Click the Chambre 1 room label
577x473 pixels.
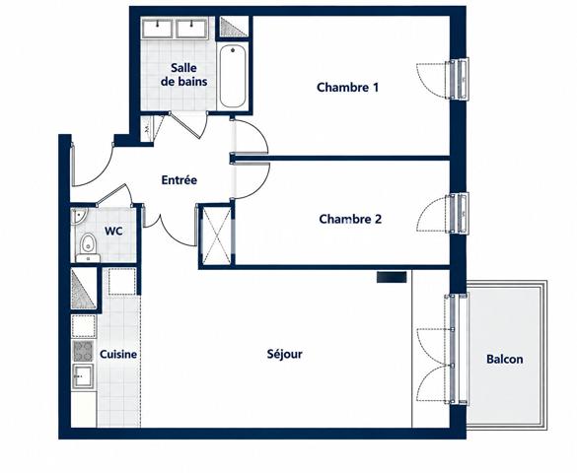pyautogui.click(x=347, y=88)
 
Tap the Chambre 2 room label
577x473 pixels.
pyautogui.click(x=350, y=219)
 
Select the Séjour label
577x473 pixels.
pyautogui.click(x=284, y=354)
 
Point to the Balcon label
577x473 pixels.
pyautogui.click(x=505, y=359)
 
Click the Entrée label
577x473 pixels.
pyautogui.click(x=180, y=180)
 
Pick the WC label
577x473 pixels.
pyautogui.click(x=113, y=232)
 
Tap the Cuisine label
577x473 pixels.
pyautogui.click(x=118, y=355)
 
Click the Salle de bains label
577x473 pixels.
pyautogui.click(x=184, y=75)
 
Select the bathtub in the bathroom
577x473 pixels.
pyautogui.click(x=233, y=76)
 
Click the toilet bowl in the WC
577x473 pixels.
pyautogui.click(x=88, y=243)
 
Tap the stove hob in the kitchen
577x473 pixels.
pyautogui.click(x=83, y=351)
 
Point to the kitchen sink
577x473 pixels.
pyautogui.click(x=83, y=375)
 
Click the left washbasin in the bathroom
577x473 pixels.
pyautogui.click(x=157, y=29)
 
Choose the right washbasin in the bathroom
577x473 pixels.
pyautogui.click(x=190, y=29)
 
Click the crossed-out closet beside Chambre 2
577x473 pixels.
pyautogui.click(x=216, y=235)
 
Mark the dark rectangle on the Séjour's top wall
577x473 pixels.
pyautogui.click(x=392, y=277)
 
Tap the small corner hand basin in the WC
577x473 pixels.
pyautogui.click(x=79, y=217)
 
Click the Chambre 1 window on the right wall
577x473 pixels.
pyautogui.click(x=460, y=79)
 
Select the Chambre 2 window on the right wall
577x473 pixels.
pyautogui.click(x=460, y=213)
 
